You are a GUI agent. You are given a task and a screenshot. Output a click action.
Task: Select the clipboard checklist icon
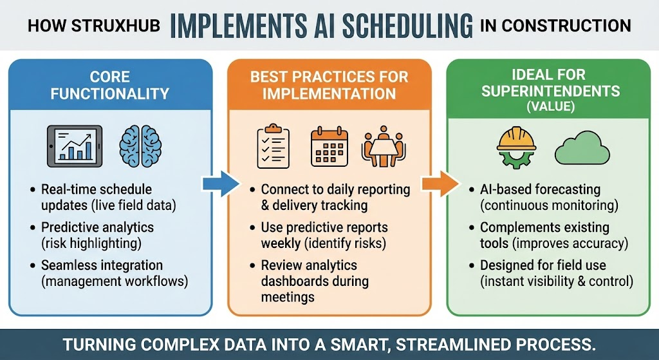[272, 145]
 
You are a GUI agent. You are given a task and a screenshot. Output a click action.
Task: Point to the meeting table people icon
[384, 146]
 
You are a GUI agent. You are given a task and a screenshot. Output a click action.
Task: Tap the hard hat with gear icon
[517, 147]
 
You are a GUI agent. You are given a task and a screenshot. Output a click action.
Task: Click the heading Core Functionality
[110, 85]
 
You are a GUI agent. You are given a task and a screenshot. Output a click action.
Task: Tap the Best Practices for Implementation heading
[329, 85]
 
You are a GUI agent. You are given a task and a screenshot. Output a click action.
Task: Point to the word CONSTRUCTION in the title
[567, 25]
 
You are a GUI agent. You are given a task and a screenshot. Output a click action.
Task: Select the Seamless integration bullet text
[102, 272]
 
